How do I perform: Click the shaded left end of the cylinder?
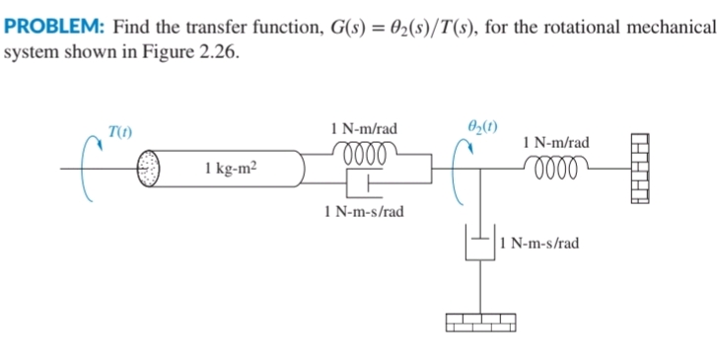pyautogui.click(x=148, y=168)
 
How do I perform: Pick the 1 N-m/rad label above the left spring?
pyautogui.click(x=365, y=127)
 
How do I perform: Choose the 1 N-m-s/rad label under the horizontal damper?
pyautogui.click(x=363, y=211)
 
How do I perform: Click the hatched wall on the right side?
pyautogui.click(x=640, y=169)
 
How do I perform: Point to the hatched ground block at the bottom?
pyautogui.click(x=480, y=323)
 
